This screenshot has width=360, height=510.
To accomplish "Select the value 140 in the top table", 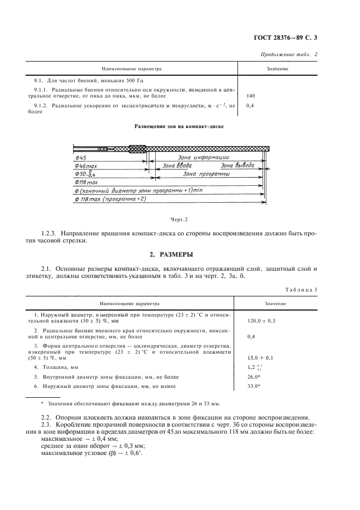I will pos(251,96).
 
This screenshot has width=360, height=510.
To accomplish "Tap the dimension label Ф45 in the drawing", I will pos(83,157).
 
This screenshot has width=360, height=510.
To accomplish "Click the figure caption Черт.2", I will pos(179,219).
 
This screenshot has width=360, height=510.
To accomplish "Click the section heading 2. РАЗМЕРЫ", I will pos(179,254).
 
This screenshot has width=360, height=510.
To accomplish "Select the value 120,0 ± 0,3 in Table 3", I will pos(262,321).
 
